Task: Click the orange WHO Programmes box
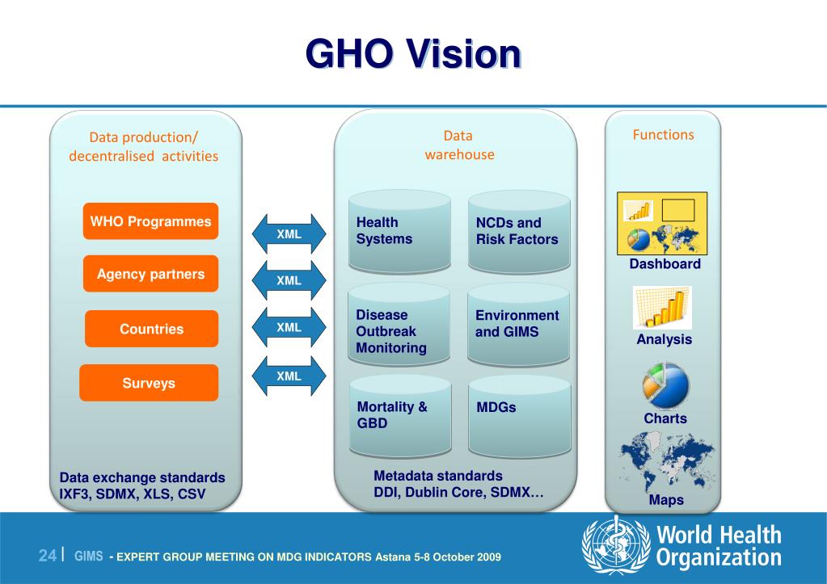(x=150, y=221)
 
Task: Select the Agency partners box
(x=150, y=274)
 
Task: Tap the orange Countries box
(x=151, y=329)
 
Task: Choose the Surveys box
(x=149, y=383)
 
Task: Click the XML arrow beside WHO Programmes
(x=289, y=234)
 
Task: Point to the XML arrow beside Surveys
(x=289, y=376)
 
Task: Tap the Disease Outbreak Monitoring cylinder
(x=399, y=328)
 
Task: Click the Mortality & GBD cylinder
(x=399, y=417)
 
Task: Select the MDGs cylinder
(x=519, y=417)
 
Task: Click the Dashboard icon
(x=661, y=223)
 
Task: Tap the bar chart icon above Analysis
(x=662, y=308)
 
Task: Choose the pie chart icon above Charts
(x=665, y=385)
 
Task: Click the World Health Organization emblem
(x=615, y=547)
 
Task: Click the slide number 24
(x=48, y=555)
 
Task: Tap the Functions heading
(x=663, y=135)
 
